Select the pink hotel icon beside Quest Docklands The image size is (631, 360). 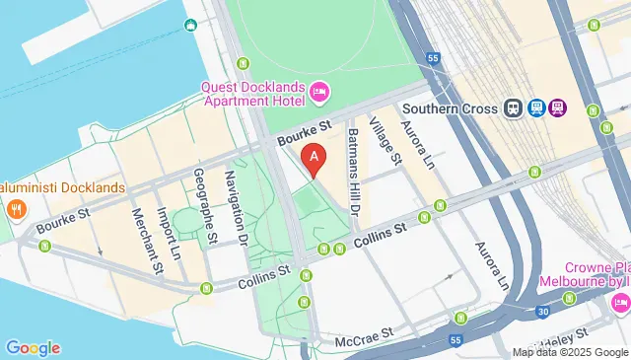coord(318,93)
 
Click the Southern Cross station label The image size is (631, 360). coord(450,108)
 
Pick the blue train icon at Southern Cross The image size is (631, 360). coord(514,108)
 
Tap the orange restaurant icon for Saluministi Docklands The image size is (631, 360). coord(15,208)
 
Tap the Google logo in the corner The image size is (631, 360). coord(33,347)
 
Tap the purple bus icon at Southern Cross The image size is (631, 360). coord(558,108)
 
